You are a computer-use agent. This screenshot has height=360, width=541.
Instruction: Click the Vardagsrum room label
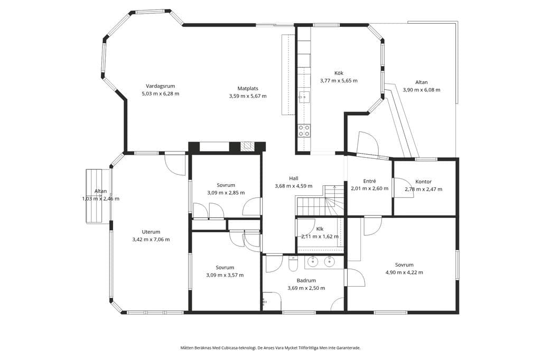pos(160,86)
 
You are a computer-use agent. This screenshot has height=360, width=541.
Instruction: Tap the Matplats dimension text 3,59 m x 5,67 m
pos(248,96)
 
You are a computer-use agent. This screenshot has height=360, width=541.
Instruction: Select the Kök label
pos(339,73)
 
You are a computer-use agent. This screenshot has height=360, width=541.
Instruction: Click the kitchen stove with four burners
pos(304,130)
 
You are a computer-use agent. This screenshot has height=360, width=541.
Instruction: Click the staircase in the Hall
pos(320,201)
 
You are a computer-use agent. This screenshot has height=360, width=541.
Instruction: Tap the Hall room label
pos(294,178)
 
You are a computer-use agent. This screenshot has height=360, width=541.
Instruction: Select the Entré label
pos(369,181)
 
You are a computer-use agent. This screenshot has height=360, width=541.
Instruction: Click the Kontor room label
pos(423,182)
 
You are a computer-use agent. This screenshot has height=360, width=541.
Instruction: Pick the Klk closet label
pos(320,229)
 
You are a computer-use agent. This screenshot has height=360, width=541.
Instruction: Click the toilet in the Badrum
pos(293,264)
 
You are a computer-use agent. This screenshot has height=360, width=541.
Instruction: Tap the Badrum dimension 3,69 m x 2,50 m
pos(306,288)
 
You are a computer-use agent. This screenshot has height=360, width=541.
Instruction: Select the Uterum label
pos(151,232)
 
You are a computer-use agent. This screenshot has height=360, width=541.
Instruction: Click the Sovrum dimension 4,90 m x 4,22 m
pos(404,272)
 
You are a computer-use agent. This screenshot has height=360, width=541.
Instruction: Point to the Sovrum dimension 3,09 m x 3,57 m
pos(225,275)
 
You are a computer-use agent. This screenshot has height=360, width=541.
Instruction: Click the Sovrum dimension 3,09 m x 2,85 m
pos(226,193)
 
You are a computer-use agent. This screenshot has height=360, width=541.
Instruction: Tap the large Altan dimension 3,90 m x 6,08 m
pos(421,90)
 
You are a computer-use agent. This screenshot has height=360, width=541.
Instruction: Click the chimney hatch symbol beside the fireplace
pos(247,147)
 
